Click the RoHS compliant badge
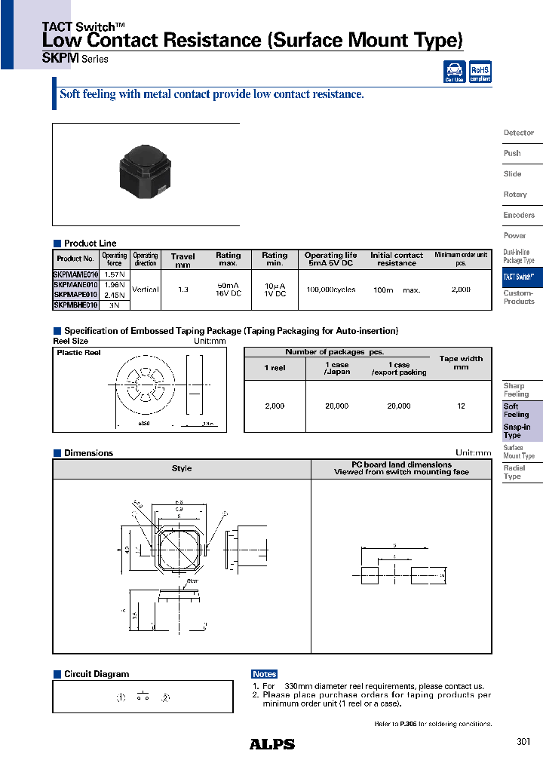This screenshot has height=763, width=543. [480, 72]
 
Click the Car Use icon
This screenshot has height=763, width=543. [454, 72]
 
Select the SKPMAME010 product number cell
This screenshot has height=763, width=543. [75, 276]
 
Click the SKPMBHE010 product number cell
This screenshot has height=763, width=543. [75, 305]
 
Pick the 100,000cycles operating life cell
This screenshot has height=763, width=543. [330, 290]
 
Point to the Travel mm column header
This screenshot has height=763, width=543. [183, 260]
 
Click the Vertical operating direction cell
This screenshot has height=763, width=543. [146, 290]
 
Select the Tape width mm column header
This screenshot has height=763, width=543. [461, 363]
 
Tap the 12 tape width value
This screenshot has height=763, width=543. [461, 406]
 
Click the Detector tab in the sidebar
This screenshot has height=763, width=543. [519, 133]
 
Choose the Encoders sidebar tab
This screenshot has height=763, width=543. [519, 215]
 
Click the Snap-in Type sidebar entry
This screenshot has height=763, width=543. [517, 431]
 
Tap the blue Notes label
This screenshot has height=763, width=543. [265, 674]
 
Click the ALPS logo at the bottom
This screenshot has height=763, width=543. [272, 744]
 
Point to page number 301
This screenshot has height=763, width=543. [523, 742]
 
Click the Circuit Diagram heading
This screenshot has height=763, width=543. [96, 674]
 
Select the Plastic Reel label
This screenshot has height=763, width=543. [78, 353]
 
